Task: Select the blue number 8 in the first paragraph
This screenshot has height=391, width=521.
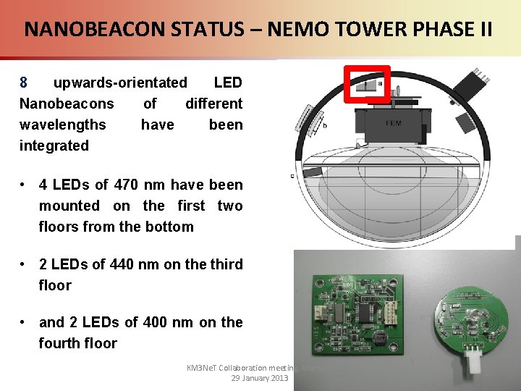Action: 24,83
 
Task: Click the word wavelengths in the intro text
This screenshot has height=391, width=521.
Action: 62,125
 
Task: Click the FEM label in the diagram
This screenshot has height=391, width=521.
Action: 394,123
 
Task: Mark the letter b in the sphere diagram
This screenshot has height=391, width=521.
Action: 325,125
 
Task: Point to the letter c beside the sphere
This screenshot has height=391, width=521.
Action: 292,175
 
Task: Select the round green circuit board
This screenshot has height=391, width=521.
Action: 470,316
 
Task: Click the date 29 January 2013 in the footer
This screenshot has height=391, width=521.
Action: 260,378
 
